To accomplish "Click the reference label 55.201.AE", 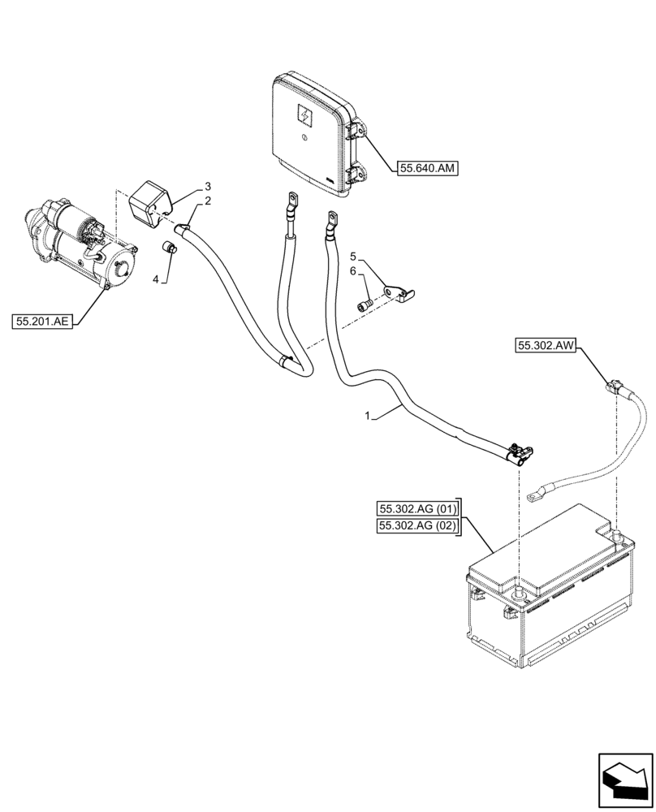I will point(43,322).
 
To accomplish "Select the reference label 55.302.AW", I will point(546,347).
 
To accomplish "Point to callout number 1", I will point(368,416).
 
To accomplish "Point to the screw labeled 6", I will point(364,305).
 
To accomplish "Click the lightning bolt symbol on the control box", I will point(305,115).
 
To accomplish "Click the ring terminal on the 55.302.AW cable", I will point(535,493).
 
